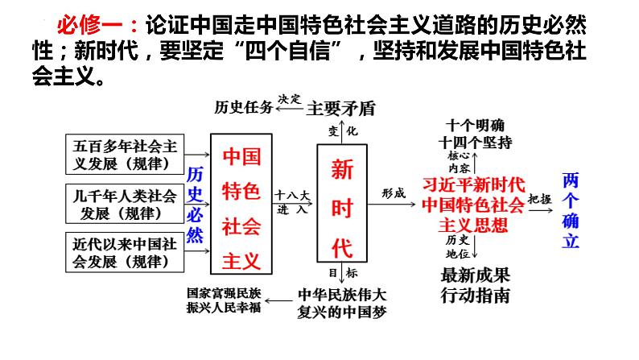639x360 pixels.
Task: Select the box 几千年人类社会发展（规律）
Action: tap(125, 203)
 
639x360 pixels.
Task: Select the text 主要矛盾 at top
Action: tap(341, 108)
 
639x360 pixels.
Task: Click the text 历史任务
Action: tap(242, 107)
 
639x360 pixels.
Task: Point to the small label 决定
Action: tap(289, 98)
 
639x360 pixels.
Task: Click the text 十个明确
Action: tap(476, 126)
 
